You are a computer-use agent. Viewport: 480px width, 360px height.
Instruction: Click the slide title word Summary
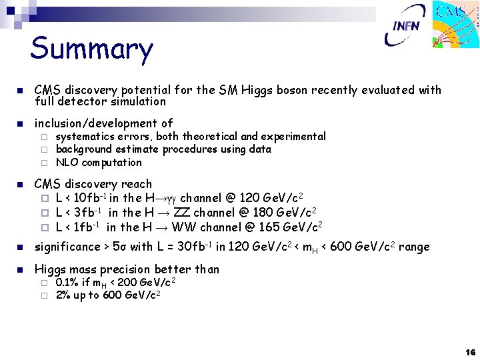click(x=91, y=49)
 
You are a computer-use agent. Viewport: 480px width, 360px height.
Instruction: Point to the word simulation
click(x=139, y=101)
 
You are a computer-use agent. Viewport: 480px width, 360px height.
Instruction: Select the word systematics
click(x=85, y=137)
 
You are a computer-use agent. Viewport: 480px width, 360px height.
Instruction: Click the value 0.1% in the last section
click(x=67, y=283)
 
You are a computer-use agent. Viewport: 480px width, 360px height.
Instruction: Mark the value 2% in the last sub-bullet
click(x=63, y=295)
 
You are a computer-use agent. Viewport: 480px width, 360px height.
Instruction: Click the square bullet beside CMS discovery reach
click(x=20, y=184)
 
